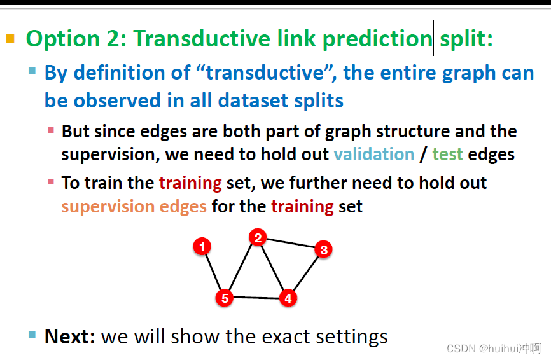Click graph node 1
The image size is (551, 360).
tap(202, 246)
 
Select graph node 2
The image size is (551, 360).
tap(258, 237)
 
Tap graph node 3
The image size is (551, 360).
tap(324, 249)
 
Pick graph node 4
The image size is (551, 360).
tap(288, 298)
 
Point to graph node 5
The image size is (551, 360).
tap(225, 298)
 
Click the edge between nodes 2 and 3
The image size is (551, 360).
tap(291, 243)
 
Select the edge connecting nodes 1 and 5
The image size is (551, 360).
tap(213, 272)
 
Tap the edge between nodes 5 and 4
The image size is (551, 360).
tap(256, 298)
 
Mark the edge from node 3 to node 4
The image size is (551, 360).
tap(305, 274)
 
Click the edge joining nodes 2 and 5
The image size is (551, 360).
tap(241, 268)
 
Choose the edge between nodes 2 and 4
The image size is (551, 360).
tap(273, 268)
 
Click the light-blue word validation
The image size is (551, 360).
tap(374, 154)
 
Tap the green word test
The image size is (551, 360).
tap(447, 155)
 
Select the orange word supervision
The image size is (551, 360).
tap(108, 207)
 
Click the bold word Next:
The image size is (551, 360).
tap(70, 336)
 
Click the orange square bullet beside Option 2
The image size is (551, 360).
tap(10, 38)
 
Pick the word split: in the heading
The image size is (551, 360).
tap(466, 38)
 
